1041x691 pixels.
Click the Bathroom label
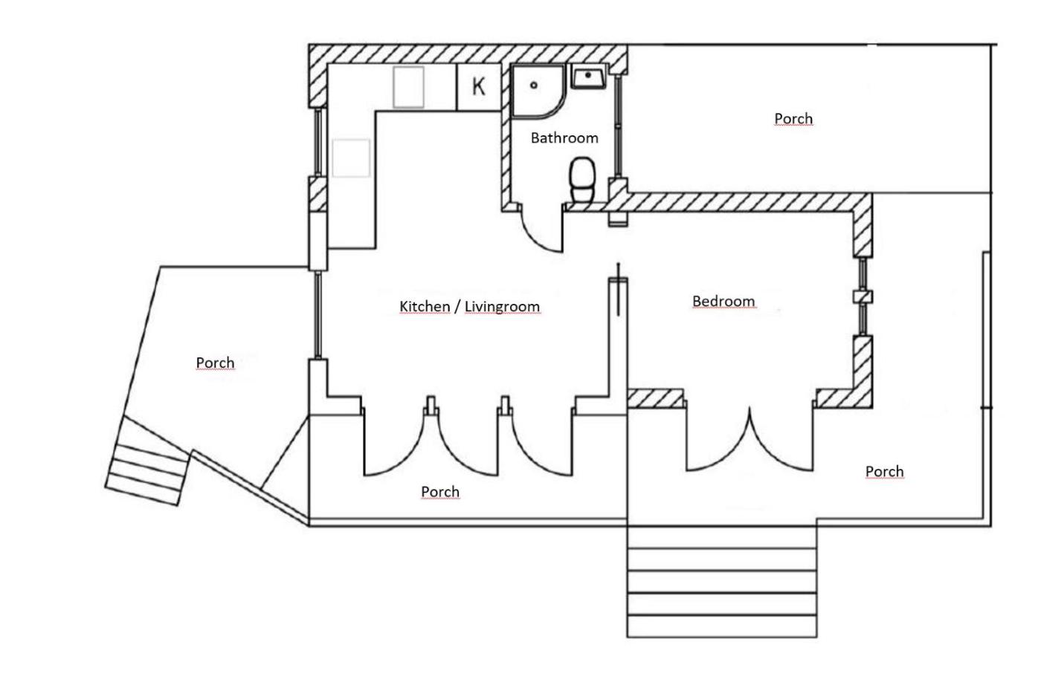click(564, 138)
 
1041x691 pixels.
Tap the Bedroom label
click(723, 301)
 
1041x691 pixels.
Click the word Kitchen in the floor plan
click(425, 306)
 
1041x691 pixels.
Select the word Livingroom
click(502, 306)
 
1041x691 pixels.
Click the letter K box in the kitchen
click(478, 87)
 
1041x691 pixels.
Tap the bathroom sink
click(588, 77)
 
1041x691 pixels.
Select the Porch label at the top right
click(793, 119)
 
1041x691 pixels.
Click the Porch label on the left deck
click(215, 363)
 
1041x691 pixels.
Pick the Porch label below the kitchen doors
click(440, 492)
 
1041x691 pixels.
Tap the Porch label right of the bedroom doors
click(885, 472)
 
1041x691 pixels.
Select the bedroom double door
click(749, 442)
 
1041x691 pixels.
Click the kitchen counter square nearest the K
click(408, 88)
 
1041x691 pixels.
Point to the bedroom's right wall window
click(863, 297)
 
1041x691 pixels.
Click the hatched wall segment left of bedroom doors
click(655, 398)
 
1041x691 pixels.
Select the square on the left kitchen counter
click(351, 158)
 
